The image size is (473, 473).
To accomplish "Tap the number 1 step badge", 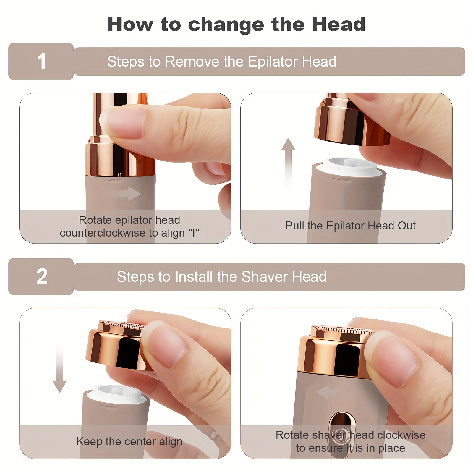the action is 41,61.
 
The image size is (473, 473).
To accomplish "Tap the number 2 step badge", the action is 41,276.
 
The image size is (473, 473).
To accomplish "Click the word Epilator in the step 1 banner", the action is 268,62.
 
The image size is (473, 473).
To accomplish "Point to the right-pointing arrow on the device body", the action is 124,194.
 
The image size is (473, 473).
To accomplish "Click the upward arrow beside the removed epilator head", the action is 288,162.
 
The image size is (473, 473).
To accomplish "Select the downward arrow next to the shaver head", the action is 60,368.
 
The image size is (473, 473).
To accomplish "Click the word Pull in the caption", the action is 295,226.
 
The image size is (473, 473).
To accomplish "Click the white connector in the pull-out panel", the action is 349,166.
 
